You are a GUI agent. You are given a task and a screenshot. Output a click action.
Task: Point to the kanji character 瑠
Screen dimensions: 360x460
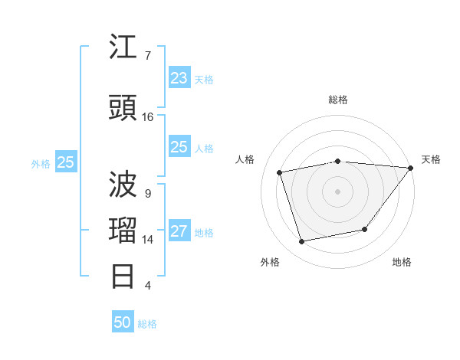tap(124, 231)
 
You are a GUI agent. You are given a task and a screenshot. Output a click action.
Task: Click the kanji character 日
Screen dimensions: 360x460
tap(124, 276)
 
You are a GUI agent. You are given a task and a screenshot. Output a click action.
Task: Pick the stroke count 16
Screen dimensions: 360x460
tap(148, 117)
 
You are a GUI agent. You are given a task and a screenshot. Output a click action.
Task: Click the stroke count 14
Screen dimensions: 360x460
tap(148, 240)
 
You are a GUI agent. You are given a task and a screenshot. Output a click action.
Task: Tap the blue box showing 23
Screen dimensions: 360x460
tap(179, 78)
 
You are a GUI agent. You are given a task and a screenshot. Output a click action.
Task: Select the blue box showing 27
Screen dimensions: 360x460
tap(179, 232)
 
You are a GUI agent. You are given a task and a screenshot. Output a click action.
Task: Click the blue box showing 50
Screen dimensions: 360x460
tap(123, 322)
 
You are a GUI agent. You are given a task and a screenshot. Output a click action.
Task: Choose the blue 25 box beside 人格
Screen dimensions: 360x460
tap(179, 147)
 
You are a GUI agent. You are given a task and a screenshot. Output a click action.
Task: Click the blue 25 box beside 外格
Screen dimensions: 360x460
tap(66, 162)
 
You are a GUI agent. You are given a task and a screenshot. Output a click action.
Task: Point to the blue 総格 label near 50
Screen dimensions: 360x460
tap(147, 324)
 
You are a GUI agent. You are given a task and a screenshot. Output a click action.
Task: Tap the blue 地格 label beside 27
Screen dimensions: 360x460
tap(204, 233)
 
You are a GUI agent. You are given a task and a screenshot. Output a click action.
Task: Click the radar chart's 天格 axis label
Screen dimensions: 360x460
tap(431, 159)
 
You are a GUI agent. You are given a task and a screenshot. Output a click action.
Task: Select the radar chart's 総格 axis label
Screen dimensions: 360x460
tap(337, 100)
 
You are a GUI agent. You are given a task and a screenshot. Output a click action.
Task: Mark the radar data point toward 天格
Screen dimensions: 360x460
tap(411, 168)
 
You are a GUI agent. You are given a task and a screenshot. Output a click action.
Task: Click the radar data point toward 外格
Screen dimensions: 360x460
tap(302, 242)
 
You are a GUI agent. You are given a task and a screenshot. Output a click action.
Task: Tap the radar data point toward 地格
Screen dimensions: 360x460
tap(365, 229)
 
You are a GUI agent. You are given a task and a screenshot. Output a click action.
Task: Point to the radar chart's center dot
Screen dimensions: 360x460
tap(337, 191)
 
